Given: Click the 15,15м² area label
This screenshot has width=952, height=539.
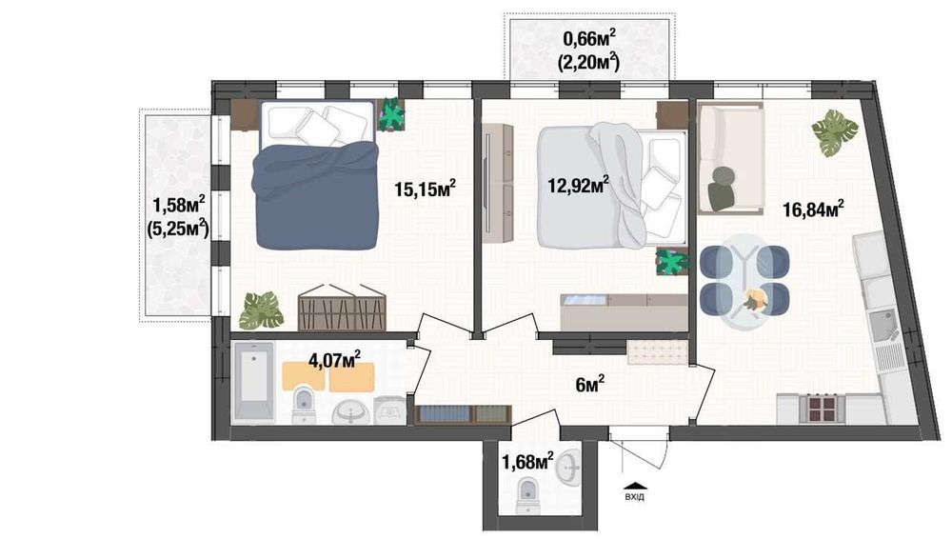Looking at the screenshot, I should (x=425, y=189).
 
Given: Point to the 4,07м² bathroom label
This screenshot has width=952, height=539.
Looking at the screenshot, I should (x=334, y=360).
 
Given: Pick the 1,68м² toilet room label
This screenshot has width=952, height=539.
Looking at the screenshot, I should (x=527, y=462).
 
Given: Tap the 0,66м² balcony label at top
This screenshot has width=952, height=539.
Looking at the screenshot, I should (x=588, y=38).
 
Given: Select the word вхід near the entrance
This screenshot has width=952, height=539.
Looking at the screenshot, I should (x=633, y=494).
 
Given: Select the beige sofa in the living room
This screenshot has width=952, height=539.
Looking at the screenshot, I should (x=731, y=158).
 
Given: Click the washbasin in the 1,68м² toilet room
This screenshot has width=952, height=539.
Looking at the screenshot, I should (x=569, y=465).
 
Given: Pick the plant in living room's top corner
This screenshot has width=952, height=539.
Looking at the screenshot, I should (x=834, y=131).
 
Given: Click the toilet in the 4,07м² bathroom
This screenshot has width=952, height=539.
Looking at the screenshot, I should (x=304, y=404).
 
